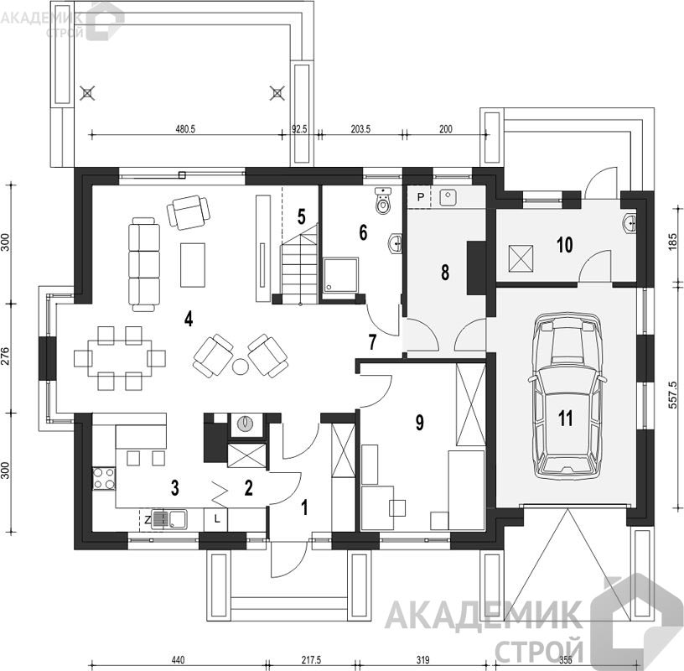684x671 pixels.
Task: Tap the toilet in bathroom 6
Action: click(x=383, y=200)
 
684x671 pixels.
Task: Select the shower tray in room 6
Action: click(x=340, y=274)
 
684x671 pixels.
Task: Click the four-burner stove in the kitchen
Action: click(x=104, y=478)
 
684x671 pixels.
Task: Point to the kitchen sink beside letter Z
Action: click(x=169, y=519)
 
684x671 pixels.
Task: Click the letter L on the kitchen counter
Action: click(x=218, y=519)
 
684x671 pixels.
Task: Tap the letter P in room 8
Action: click(x=421, y=197)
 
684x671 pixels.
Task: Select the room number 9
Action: click(x=420, y=422)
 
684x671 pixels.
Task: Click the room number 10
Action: click(x=564, y=244)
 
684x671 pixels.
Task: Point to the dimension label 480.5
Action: click(x=185, y=129)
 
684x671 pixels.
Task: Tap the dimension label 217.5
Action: click(x=311, y=660)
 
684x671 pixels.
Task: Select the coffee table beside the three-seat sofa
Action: click(x=193, y=265)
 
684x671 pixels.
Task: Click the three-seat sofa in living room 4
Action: click(x=144, y=264)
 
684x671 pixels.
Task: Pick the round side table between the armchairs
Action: click(x=240, y=366)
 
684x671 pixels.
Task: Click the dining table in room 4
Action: click(x=120, y=358)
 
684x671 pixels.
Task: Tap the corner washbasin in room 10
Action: click(x=629, y=223)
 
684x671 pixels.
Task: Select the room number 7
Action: click(x=371, y=342)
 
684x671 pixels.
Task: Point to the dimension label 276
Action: click(x=5, y=358)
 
